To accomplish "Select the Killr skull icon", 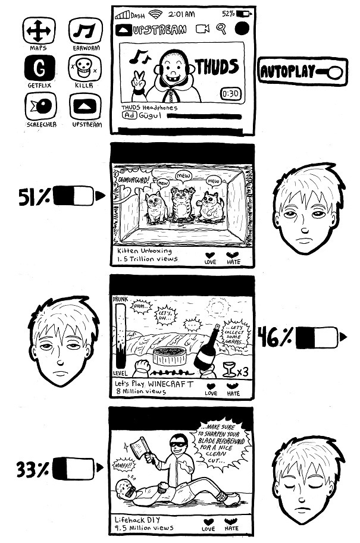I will point(86,70).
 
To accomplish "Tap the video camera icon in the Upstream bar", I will point(202,29).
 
